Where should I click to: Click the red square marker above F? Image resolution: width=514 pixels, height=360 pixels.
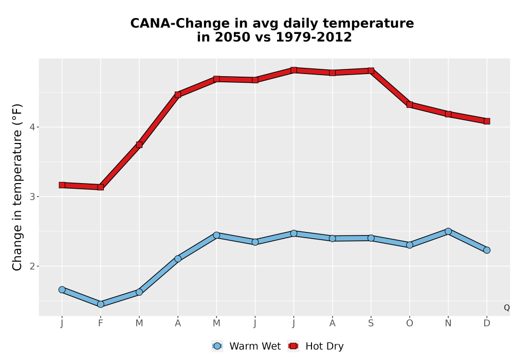[101, 187]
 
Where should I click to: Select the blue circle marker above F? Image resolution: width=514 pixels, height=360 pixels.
[101, 304]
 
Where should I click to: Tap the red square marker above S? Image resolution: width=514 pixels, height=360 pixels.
[371, 71]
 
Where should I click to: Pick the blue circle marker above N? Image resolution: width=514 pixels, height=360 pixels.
[448, 231]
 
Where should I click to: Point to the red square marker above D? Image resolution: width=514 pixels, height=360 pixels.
[487, 121]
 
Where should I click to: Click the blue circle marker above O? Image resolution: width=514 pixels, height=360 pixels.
[410, 245]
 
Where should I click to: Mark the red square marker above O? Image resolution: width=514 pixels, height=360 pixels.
[410, 105]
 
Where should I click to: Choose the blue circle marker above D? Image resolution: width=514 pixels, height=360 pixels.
[487, 250]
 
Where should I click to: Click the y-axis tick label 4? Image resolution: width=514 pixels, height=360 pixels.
[32, 127]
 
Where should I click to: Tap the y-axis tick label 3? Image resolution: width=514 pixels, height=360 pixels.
[32, 197]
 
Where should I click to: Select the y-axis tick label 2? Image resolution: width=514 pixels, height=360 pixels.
[32, 266]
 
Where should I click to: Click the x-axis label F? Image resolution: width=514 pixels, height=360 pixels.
[101, 323]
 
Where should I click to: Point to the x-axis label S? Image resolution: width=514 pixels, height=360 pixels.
[371, 323]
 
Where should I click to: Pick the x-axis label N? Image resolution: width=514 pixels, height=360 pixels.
[448, 323]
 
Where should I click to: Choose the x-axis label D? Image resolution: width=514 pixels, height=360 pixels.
[487, 323]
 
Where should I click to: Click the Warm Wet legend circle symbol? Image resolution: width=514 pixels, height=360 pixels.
[217, 346]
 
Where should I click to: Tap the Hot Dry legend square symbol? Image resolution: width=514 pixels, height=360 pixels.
[293, 346]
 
